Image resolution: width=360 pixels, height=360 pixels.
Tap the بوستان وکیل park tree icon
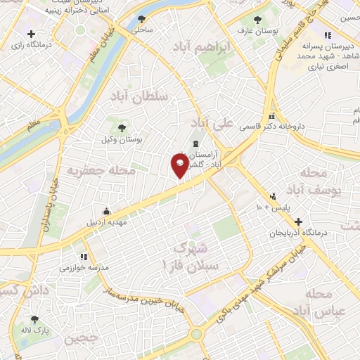(x=122, y=127)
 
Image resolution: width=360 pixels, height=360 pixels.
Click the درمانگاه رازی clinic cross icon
(x=31, y=34)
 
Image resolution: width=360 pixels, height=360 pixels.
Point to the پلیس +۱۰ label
(x=266, y=208)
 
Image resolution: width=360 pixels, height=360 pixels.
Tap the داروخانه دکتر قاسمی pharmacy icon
(x=271, y=117)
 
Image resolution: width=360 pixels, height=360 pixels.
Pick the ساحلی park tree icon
(x=142, y=19)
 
